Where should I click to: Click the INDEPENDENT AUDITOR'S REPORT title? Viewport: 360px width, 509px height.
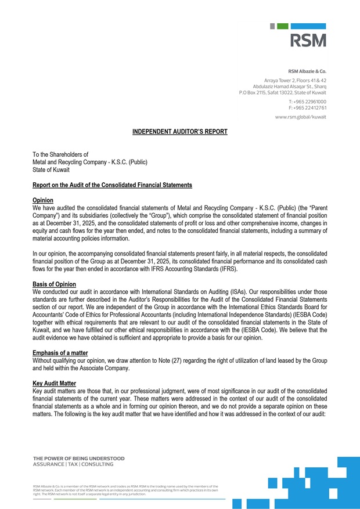point(179,132)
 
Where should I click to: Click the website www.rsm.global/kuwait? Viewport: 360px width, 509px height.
point(300,117)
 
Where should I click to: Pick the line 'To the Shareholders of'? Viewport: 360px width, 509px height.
point(60,154)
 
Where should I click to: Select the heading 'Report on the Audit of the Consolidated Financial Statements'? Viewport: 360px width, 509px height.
point(112,185)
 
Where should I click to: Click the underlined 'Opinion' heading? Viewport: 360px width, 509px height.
point(43,200)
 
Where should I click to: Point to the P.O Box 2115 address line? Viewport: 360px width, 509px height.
point(283,92)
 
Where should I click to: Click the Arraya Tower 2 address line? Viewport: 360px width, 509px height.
point(295,80)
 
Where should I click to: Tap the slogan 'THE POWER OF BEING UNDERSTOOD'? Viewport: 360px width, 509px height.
point(78,459)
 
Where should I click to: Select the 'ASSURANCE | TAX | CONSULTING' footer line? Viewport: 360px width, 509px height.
point(73,464)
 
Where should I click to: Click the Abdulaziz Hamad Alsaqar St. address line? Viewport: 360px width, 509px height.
point(289,86)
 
